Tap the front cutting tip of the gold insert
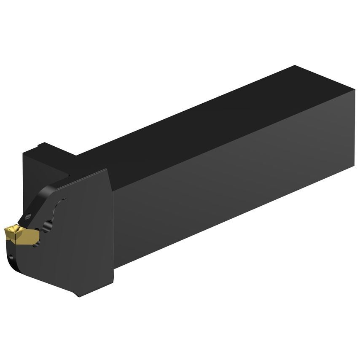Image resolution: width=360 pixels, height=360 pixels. pos(6,230)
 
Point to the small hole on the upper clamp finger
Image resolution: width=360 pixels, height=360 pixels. pos(28,217)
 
